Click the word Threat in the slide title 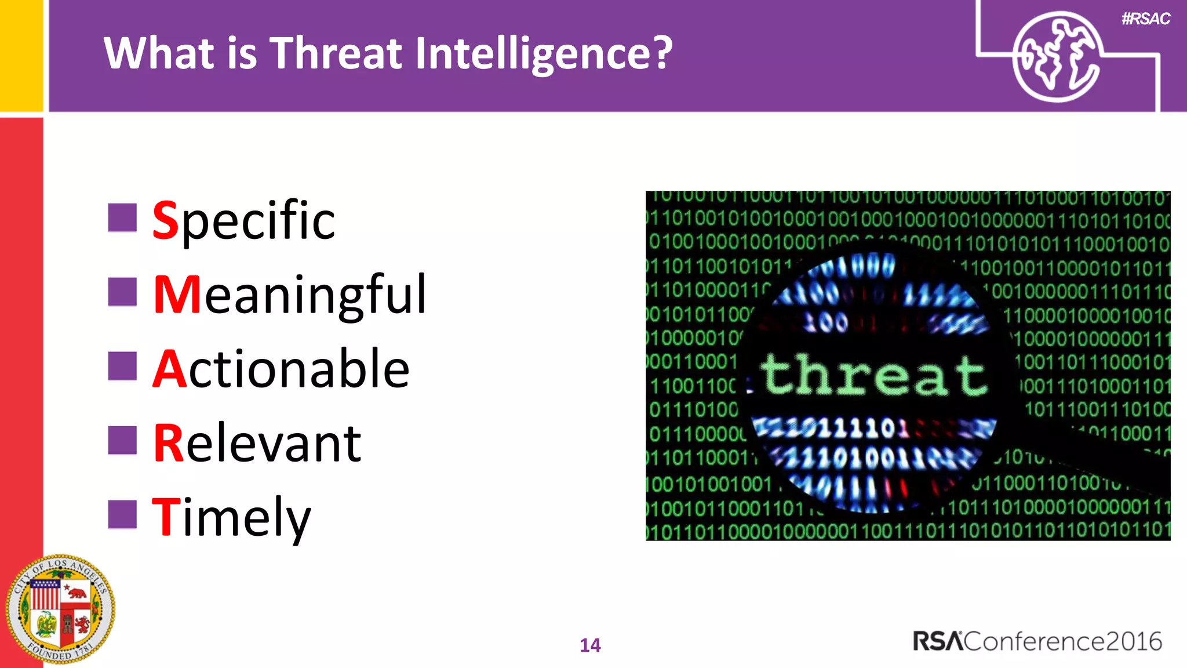pos(336,53)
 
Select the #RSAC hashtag pos(1145,19)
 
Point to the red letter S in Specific pos(165,220)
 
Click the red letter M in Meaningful pos(178,295)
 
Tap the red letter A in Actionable pos(170,369)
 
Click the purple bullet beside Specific pos(122,217)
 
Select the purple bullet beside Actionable pos(122,366)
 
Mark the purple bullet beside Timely pos(122,514)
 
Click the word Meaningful pos(290,295)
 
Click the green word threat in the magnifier pos(874,375)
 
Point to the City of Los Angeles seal pos(60,609)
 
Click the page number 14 pos(590,645)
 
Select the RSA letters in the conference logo pos(938,641)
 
